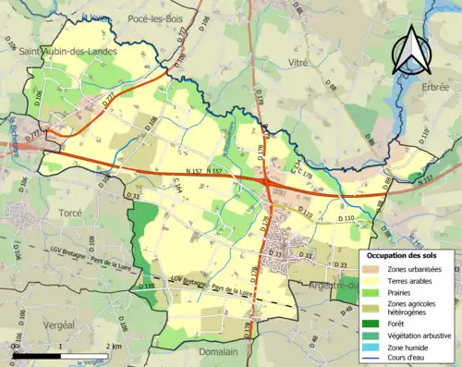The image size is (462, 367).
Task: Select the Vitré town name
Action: click(x=298, y=61)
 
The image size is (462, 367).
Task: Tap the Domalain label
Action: click(x=216, y=351)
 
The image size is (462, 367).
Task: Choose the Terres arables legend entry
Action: click(x=414, y=281)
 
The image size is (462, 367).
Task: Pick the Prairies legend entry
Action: click(x=403, y=292)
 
